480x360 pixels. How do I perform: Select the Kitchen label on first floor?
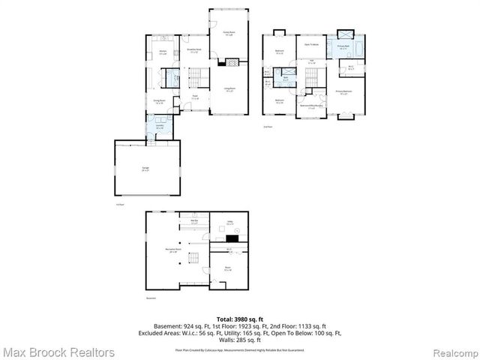coord(161,52)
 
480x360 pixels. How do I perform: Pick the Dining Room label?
coord(159,101)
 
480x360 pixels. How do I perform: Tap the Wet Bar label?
coord(193,221)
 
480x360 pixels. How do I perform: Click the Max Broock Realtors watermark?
coord(58,352)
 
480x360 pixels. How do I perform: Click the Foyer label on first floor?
coord(194,97)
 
